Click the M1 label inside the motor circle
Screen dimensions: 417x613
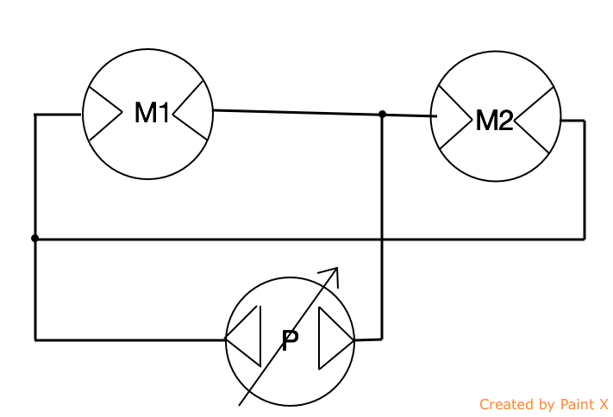tap(151, 113)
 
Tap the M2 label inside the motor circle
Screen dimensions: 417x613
tap(494, 121)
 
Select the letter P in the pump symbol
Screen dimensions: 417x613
tap(291, 341)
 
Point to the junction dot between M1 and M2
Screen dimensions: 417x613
tap(382, 114)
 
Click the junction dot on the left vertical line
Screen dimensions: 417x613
tap(34, 238)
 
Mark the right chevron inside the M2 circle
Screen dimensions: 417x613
tap(535, 121)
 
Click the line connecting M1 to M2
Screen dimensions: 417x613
tap(297, 112)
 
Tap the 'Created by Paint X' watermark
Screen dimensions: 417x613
tap(543, 404)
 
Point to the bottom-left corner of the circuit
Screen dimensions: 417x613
tap(35, 339)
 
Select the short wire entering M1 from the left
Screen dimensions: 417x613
tap(58, 114)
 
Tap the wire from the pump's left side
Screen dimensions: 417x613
tap(129, 339)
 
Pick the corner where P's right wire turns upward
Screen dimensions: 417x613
tap(381, 339)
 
